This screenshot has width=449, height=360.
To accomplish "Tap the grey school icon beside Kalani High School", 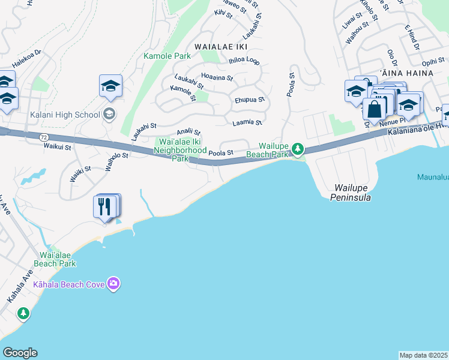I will click(x=109, y=113).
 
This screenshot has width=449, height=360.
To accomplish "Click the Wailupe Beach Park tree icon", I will click(x=297, y=148).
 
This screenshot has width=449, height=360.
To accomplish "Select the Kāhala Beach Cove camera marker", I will click(x=113, y=283).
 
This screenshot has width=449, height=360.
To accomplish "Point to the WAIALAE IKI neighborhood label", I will click(x=221, y=46).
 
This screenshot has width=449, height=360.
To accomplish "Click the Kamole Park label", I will click(x=167, y=56).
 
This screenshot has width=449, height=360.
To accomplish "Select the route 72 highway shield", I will click(x=44, y=137).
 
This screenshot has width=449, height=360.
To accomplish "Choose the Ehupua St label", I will click(x=249, y=100).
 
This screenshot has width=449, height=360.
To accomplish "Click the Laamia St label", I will click(x=247, y=122).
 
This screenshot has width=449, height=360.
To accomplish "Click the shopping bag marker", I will click(x=374, y=109).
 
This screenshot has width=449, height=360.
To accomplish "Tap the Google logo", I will click(x=20, y=353).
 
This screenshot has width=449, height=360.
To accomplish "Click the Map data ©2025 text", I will click(x=423, y=355).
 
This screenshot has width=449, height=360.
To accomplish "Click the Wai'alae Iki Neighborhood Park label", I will click(x=181, y=150).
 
